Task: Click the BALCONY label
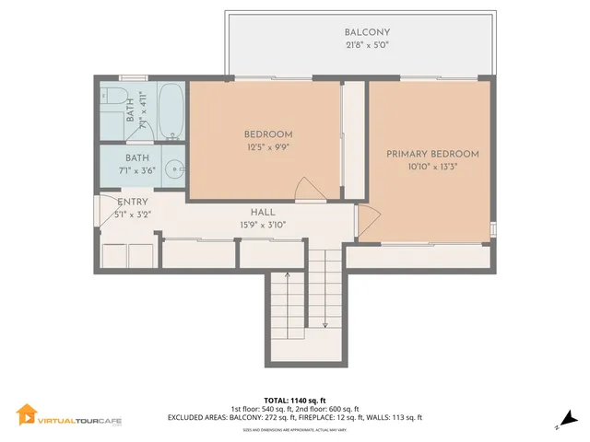tap(360, 32)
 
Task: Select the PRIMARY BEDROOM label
tap(432, 154)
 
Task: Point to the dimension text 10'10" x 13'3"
tap(432, 167)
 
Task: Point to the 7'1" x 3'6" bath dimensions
tap(136, 171)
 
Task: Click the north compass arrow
tap(568, 419)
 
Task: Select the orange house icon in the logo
tap(26, 414)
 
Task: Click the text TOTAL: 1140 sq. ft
tap(295, 401)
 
